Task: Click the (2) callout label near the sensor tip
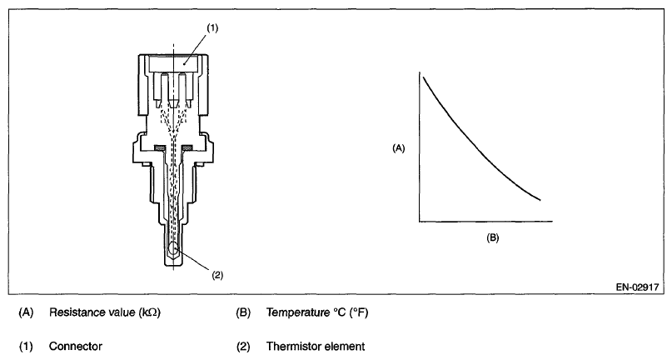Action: (x=218, y=273)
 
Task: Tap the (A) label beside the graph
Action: (x=398, y=147)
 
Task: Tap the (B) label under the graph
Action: (x=491, y=237)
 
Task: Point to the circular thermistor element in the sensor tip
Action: (x=172, y=248)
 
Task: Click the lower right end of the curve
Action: (x=541, y=200)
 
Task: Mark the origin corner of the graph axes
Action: (x=420, y=222)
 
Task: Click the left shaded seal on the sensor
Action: (x=161, y=148)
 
